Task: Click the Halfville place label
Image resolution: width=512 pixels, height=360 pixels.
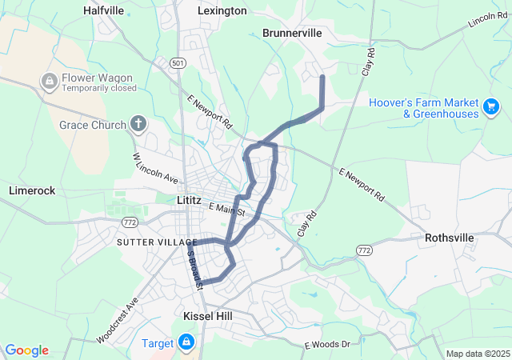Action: click(x=104, y=10)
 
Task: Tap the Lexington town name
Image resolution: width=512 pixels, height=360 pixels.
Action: click(x=222, y=10)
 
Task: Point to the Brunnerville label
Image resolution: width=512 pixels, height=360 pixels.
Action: click(x=292, y=33)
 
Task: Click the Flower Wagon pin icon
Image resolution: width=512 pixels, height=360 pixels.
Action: click(x=49, y=81)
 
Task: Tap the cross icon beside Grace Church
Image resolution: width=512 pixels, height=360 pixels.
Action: click(x=138, y=124)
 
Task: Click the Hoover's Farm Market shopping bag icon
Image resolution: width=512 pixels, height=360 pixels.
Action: click(x=491, y=106)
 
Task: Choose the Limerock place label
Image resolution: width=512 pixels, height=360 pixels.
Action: click(x=32, y=190)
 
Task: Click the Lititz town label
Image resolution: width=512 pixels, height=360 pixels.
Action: click(x=192, y=204)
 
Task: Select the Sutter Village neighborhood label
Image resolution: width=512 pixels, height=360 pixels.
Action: click(x=156, y=242)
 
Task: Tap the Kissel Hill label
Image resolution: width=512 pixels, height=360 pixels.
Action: click(x=207, y=316)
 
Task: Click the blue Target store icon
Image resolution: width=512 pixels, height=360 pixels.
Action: click(x=186, y=343)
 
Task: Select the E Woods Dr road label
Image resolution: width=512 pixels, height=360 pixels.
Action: click(x=327, y=344)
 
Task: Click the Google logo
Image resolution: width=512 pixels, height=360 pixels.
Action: click(x=26, y=350)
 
